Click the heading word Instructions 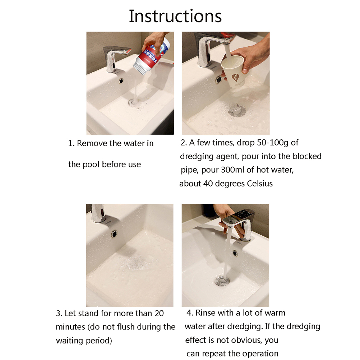(x=175, y=16)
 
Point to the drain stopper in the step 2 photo (x=236, y=110)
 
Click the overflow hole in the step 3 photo (x=114, y=234)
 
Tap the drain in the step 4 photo (x=222, y=281)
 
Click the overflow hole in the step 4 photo (x=235, y=253)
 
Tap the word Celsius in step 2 (x=260, y=184)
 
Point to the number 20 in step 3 (x=159, y=313)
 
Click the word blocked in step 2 (x=307, y=156)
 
